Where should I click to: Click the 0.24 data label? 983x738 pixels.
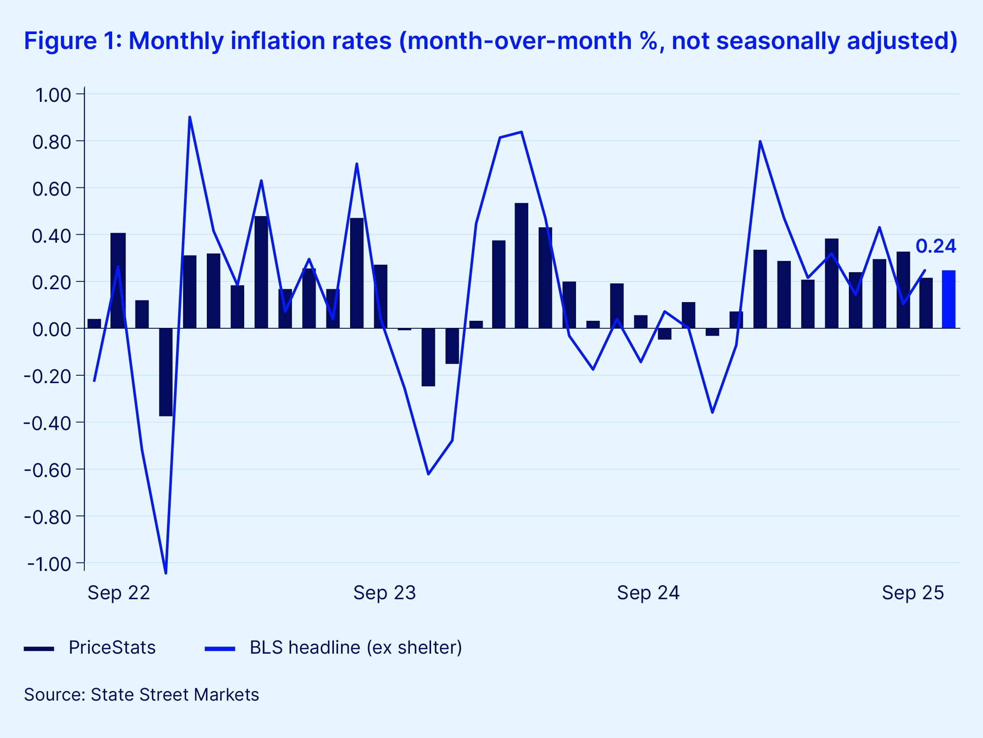936,246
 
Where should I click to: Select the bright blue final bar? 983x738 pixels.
949,299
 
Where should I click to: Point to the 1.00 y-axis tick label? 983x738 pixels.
53,95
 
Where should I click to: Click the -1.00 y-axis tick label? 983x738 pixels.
49,564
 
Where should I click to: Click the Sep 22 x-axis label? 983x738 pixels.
119,593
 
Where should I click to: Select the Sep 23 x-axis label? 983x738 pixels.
385,593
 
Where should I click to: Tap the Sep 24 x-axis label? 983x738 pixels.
648,593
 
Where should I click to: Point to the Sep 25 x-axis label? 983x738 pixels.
913,593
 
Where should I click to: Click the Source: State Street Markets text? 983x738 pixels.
141,695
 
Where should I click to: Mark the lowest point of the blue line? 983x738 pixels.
166,573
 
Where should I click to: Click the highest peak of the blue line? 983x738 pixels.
190,117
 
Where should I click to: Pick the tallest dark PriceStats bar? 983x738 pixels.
521,266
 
